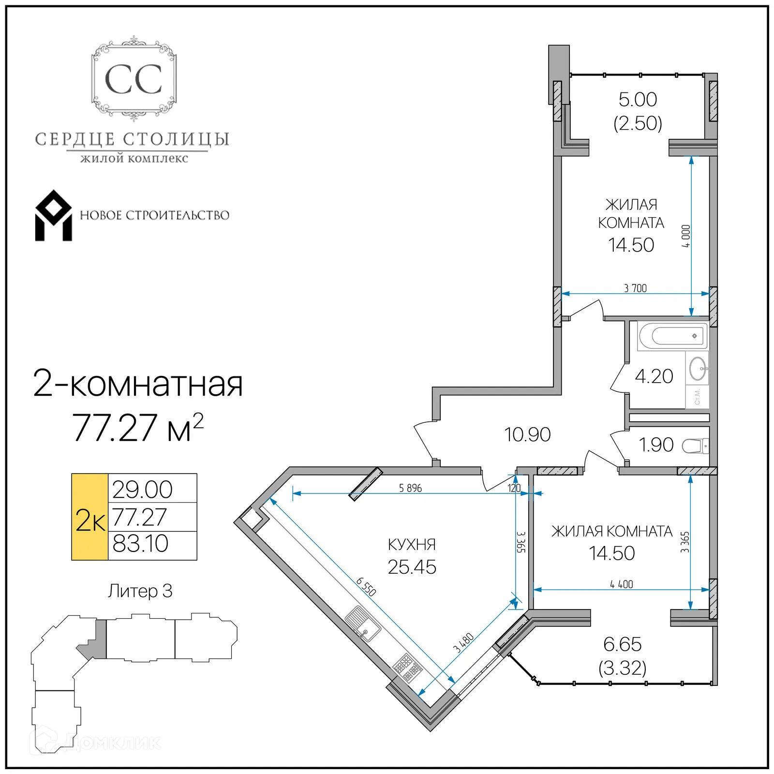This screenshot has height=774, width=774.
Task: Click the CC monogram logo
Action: coord(134,79)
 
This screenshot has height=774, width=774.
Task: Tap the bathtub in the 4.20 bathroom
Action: coord(673,335)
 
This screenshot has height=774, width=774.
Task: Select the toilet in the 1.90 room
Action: coord(696,446)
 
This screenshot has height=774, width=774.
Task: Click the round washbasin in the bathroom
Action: coord(698,369)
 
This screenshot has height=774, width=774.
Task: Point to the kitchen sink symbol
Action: coord(362,624)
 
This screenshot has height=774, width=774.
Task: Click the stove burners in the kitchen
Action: coord(407,668)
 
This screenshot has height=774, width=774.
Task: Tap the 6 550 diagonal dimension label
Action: coord(366,586)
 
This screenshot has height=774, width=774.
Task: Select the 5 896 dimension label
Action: coord(410,488)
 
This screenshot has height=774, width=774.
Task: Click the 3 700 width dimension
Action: coord(635,288)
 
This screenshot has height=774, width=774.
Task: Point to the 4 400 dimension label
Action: coord(621,584)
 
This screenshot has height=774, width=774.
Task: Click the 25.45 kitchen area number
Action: coord(412,567)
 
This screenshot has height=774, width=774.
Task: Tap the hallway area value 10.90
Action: coord(527,434)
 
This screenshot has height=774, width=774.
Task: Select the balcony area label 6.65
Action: coord(622,644)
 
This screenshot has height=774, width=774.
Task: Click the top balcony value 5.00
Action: coord(638,100)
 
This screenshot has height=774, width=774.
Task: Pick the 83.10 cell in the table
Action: coord(141,544)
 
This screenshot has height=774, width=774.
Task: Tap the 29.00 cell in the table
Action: coord(143,490)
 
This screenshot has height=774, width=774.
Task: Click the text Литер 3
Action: coord(140,591)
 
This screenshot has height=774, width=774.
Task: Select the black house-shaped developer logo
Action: coord(53,216)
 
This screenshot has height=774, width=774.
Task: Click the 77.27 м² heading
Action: coord(137,428)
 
